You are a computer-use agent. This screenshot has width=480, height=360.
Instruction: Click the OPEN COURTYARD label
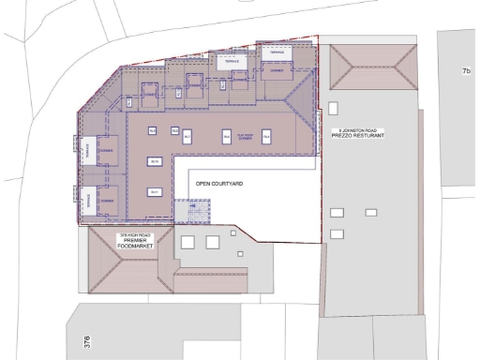(x=217, y=183)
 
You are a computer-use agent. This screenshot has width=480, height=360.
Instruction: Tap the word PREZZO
(x=345, y=136)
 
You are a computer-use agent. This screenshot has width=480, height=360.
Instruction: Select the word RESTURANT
(x=371, y=136)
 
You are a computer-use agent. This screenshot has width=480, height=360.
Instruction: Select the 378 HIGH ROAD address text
(x=131, y=234)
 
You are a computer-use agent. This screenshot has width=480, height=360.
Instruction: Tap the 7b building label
(x=465, y=71)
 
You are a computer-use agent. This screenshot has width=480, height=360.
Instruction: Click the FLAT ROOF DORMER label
(x=247, y=137)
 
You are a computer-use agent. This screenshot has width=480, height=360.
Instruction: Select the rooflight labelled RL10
(x=154, y=162)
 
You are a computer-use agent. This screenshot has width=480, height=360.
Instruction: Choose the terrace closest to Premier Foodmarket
(x=86, y=199)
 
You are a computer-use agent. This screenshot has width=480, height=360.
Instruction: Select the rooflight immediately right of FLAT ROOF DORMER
(x=267, y=137)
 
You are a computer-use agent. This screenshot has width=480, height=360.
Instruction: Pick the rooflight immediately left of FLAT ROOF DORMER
(x=226, y=137)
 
